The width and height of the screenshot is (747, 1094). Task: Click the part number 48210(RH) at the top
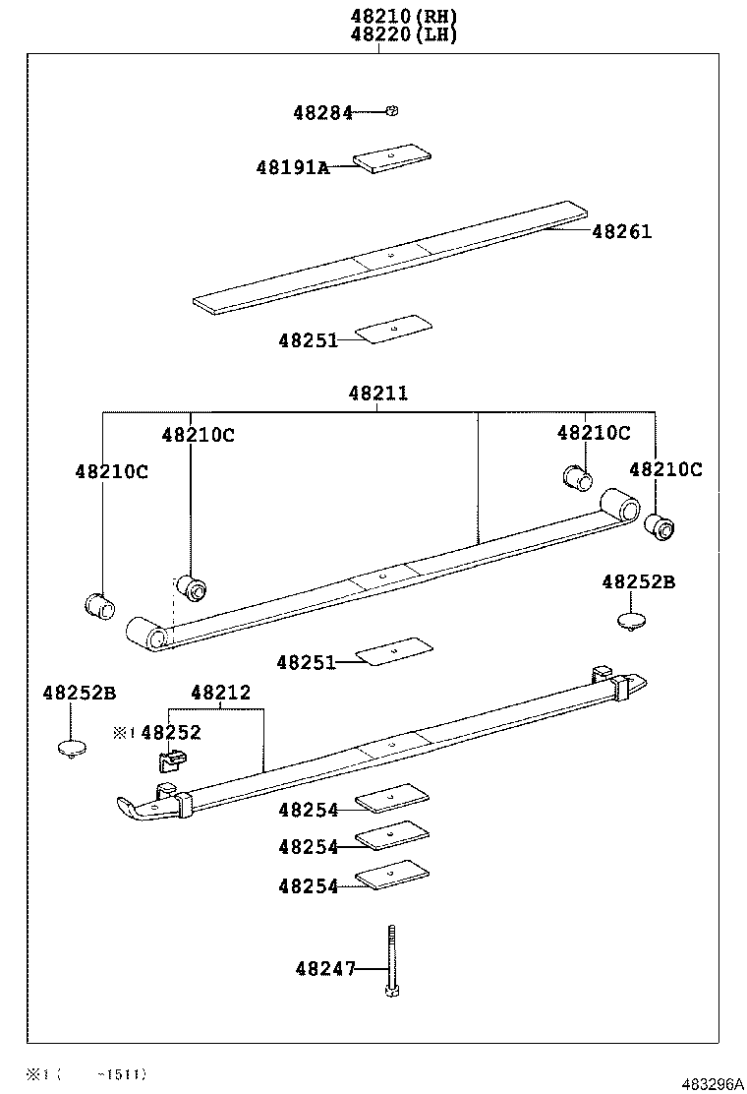[x=404, y=16]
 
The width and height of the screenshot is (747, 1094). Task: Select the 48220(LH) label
[x=404, y=34]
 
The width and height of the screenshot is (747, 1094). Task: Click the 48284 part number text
[x=322, y=113]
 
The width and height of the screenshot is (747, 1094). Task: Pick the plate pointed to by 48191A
[x=393, y=157]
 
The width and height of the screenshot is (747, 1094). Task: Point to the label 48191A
[x=292, y=167]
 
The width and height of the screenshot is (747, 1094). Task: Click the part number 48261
[x=621, y=232]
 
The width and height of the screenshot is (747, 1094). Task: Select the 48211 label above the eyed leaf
[x=377, y=394]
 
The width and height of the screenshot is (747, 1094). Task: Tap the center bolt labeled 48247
[x=391, y=959]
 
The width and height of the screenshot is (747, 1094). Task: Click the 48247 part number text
[x=324, y=969]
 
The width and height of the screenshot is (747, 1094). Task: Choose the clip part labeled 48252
[x=172, y=759]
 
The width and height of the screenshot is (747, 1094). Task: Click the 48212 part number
[x=220, y=694]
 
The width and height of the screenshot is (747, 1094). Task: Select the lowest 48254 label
[x=308, y=886]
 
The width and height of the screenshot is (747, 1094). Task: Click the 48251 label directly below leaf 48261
[x=308, y=340]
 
